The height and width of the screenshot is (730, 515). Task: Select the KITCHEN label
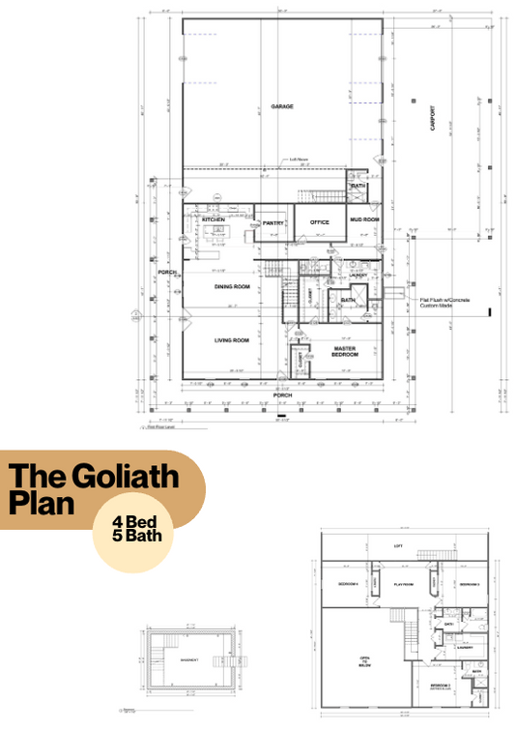coord(214,220)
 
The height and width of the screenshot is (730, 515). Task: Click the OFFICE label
coord(320,222)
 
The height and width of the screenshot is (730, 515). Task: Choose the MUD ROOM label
coord(363,220)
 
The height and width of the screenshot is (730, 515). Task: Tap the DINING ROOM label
coord(232,287)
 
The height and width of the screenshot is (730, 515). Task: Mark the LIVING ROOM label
coord(232,340)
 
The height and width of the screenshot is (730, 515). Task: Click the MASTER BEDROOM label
coord(346,351)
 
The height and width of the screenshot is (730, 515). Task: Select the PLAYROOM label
coord(401,585)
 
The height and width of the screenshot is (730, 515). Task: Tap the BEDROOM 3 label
coord(469,585)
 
